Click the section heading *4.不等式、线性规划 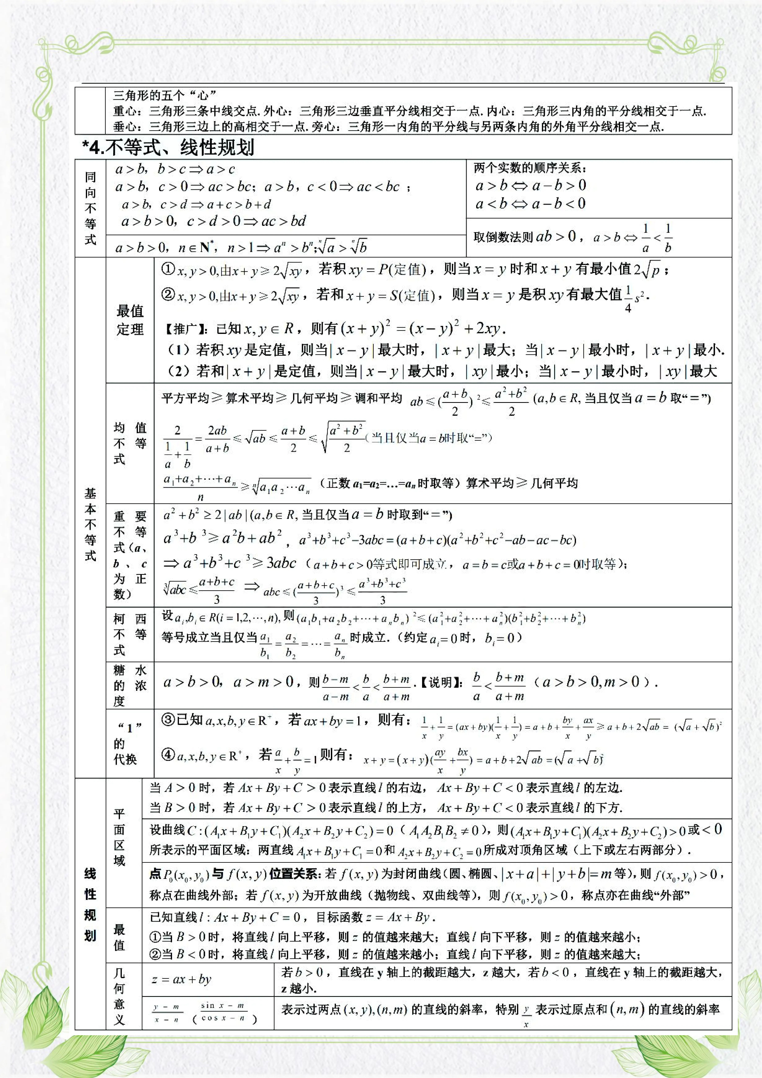(x=168, y=148)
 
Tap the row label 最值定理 (x=130, y=320)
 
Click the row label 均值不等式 (x=130, y=443)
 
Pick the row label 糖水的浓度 (x=130, y=685)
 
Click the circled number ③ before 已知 (x=168, y=720)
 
